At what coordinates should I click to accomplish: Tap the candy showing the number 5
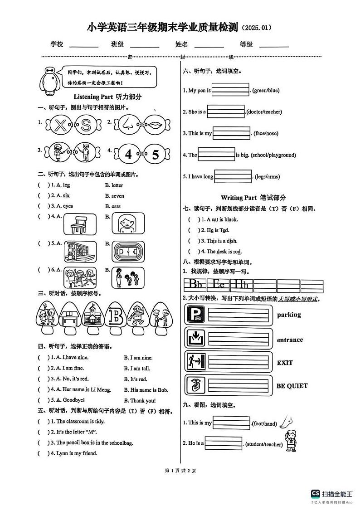[155, 155]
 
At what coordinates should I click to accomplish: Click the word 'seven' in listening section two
[117, 196]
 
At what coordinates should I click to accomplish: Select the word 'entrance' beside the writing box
[290, 340]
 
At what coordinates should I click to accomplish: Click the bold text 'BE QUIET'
[292, 386]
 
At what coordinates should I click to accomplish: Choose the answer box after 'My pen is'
[230, 90]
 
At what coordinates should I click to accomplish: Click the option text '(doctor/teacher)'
[264, 112]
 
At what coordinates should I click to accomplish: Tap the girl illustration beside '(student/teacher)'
[290, 440]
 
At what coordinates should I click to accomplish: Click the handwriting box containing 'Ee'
[219, 285]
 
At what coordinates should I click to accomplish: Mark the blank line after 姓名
[209, 44]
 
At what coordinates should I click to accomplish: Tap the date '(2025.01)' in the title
[257, 28]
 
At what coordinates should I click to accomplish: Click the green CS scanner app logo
[315, 494]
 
